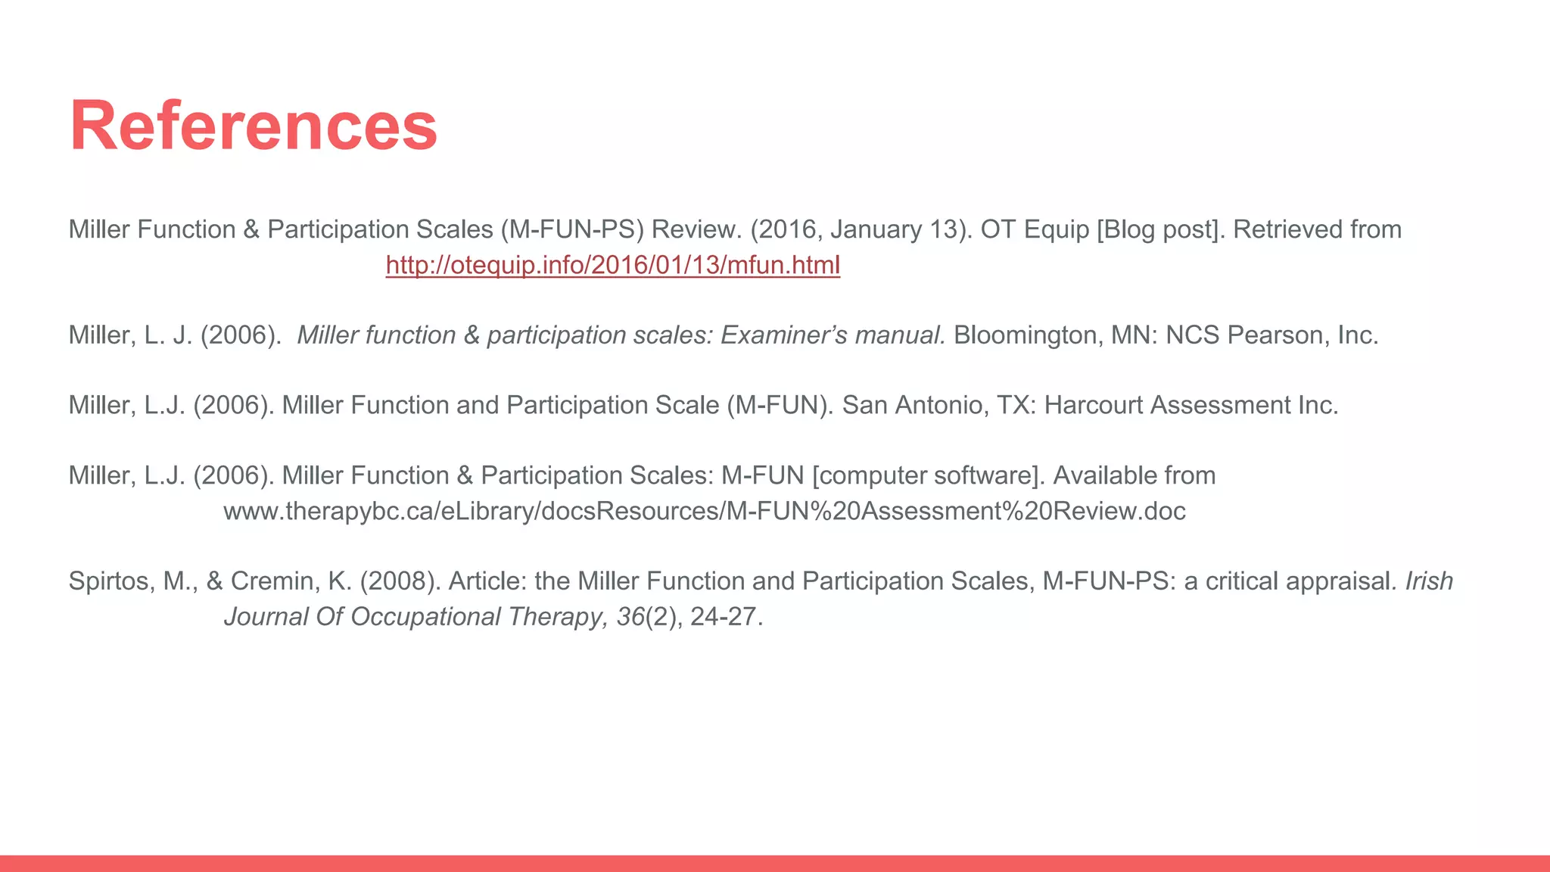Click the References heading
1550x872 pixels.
[254, 126]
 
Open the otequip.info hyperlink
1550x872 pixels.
[612, 265]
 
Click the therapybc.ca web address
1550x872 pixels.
[704, 511]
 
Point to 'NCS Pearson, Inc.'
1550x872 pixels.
[1271, 335]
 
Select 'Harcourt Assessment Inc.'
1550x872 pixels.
[1191, 405]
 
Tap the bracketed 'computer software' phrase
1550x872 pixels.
[928, 475]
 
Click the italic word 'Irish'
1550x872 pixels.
[1429, 581]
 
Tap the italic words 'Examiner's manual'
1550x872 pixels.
[833, 335]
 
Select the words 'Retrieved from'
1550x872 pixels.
[1317, 229]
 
